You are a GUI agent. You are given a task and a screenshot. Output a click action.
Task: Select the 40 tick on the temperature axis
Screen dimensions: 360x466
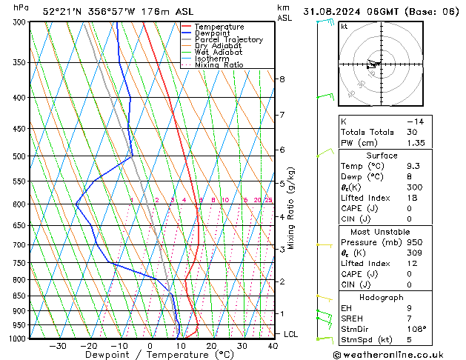[x=273, y=346]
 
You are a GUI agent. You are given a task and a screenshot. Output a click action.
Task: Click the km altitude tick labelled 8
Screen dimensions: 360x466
[x=282, y=79]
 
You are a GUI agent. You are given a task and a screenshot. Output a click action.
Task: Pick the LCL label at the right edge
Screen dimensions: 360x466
[x=291, y=334]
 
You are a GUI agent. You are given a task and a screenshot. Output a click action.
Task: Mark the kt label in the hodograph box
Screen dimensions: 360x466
[x=344, y=27]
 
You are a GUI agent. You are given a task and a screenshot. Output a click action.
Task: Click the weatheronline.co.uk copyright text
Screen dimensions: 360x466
[x=398, y=354]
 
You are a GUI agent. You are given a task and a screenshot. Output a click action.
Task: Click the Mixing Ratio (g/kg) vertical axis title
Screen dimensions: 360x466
[x=291, y=208]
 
